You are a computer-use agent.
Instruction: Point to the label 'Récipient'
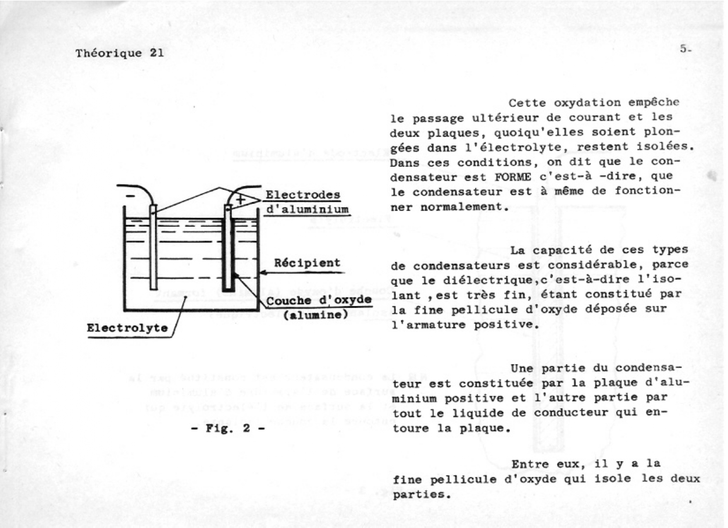tap(307, 263)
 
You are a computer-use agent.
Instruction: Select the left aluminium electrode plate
tap(152, 247)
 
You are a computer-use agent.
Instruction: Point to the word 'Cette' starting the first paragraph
tap(526, 104)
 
